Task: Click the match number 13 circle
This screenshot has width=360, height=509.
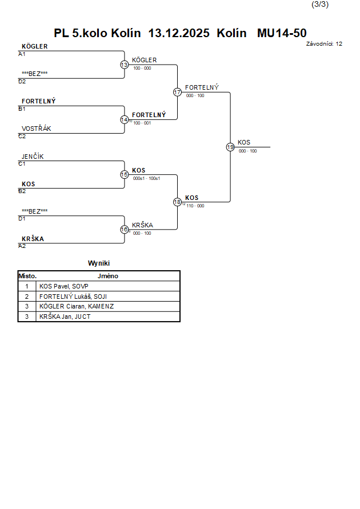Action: click(125, 65)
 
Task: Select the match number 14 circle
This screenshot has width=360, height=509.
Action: click(125, 120)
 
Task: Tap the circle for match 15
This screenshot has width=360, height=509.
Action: click(125, 175)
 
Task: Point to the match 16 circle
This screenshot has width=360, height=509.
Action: click(125, 230)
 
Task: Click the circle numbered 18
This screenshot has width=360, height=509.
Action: click(177, 202)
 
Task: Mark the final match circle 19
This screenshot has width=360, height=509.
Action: click(230, 147)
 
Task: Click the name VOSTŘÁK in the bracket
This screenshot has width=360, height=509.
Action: click(37, 129)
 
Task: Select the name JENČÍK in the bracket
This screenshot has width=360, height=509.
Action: click(33, 157)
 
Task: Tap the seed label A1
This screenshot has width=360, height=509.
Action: click(22, 54)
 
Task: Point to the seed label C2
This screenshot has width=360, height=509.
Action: click(22, 137)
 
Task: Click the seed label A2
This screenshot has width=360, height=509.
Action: click(22, 246)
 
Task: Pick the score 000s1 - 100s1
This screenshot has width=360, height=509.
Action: click(146, 178)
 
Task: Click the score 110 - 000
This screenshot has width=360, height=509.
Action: click(195, 206)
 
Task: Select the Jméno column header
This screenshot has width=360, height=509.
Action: click(108, 276)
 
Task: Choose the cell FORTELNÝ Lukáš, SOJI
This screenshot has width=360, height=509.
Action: click(73, 296)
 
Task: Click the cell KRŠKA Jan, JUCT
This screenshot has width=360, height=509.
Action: click(65, 316)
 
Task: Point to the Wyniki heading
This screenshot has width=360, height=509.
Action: click(99, 263)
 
